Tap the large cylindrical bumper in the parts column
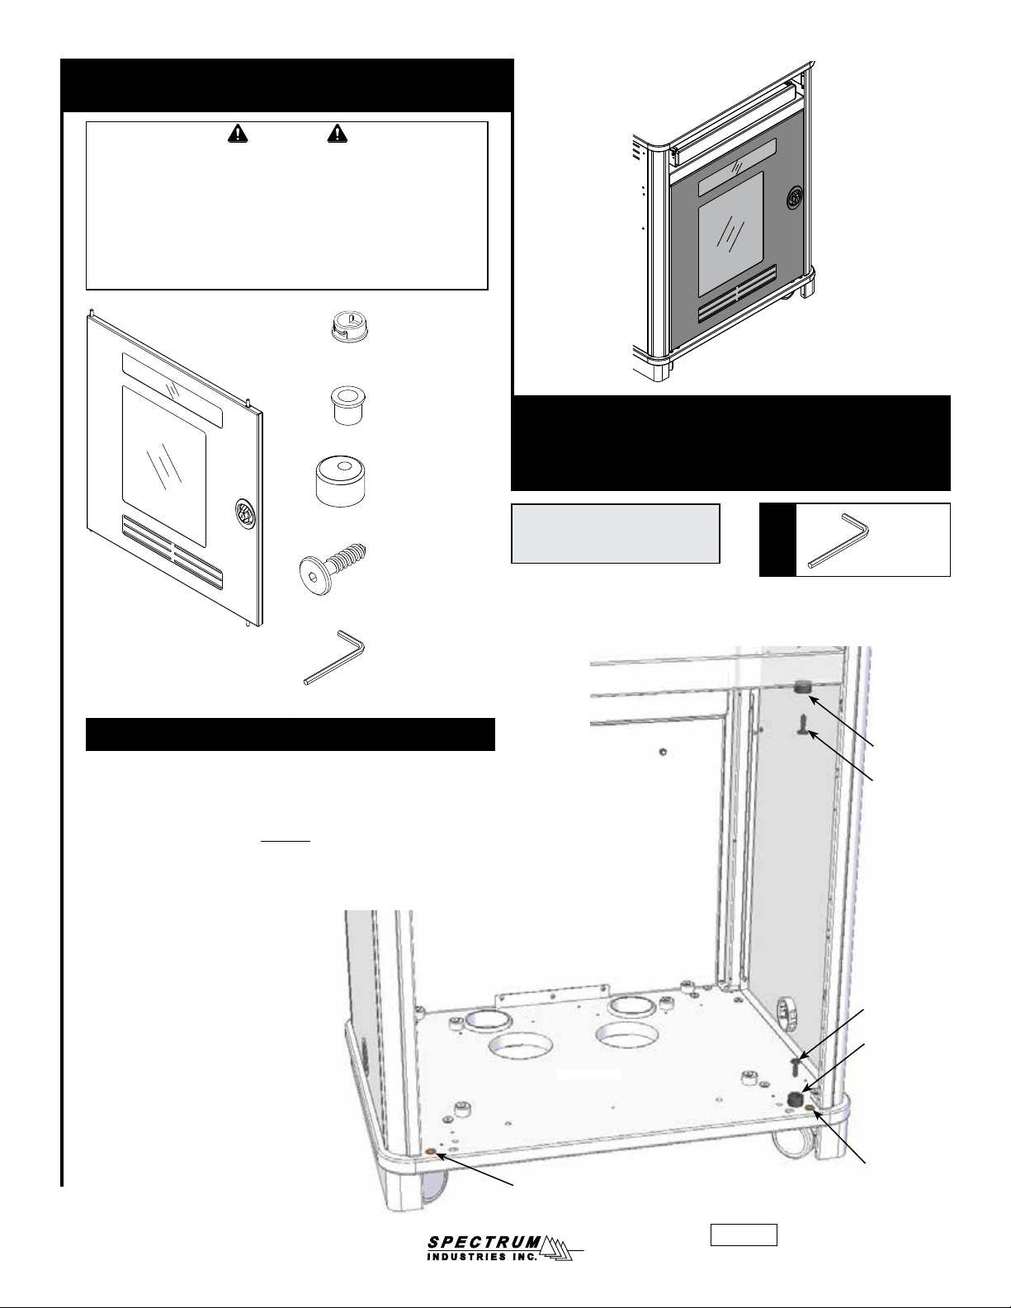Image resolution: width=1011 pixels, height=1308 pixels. point(341,479)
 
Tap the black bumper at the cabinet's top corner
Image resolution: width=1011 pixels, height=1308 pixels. point(801,687)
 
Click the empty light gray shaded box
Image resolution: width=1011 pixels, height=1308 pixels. point(616,533)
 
